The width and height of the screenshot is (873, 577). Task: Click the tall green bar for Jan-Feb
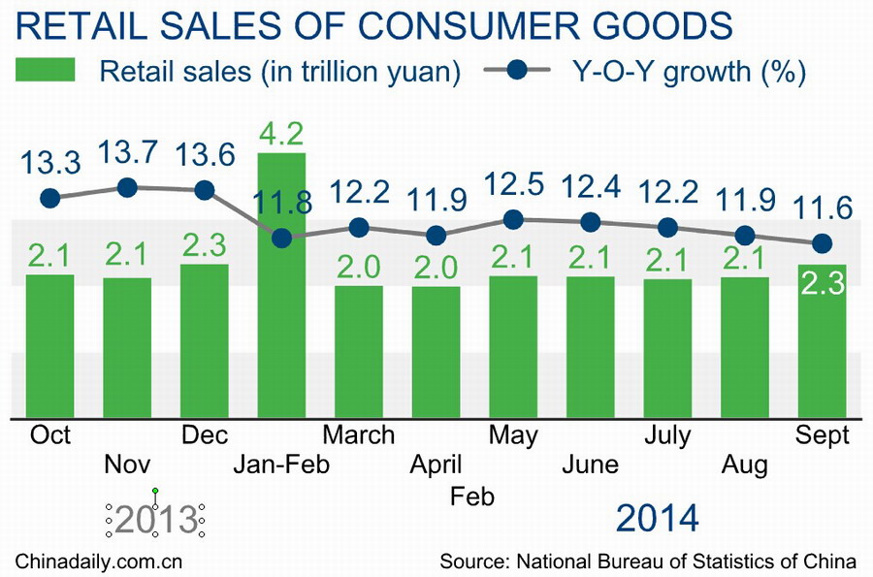(281, 310)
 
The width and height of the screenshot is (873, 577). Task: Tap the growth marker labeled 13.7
(127, 188)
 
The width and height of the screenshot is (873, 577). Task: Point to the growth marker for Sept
(823, 242)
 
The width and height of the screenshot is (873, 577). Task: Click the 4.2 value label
(281, 132)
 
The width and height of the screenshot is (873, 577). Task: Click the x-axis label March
(359, 434)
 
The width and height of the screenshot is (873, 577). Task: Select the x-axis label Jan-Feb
(281, 465)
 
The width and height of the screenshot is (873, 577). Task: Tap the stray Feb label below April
(473, 497)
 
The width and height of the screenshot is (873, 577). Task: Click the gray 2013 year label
(155, 521)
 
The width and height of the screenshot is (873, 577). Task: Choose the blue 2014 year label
(657, 519)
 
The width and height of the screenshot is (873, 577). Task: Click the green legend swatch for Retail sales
(47, 71)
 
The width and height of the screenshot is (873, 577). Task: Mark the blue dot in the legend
(516, 71)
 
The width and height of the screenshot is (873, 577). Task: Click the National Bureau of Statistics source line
(648, 561)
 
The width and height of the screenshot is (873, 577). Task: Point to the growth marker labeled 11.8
(281, 238)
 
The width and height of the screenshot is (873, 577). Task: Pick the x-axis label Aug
(745, 465)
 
